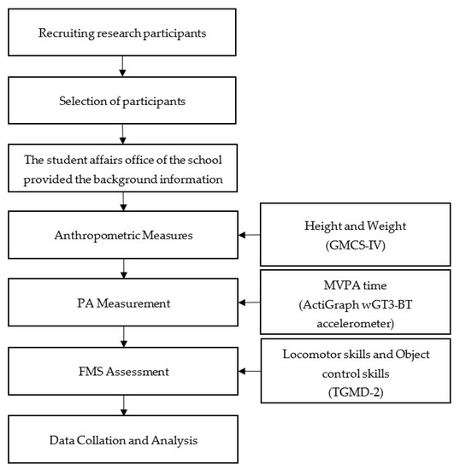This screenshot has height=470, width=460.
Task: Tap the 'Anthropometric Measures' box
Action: click(124, 233)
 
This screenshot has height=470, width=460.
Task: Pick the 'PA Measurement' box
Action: click(124, 302)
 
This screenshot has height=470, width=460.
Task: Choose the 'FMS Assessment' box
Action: click(124, 372)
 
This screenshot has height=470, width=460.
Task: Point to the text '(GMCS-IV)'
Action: click(357, 243)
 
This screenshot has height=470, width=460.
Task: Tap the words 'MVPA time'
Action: click(357, 286)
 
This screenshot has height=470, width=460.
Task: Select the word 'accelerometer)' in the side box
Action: click(357, 317)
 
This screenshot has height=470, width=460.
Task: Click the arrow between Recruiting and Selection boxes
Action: click(124, 66)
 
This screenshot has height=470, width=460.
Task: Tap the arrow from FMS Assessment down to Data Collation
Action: click(124, 405)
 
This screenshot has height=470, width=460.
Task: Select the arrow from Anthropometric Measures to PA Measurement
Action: click(124, 267)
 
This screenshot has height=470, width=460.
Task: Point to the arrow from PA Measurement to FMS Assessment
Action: click(124, 337)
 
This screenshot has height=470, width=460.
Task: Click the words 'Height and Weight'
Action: click(357, 225)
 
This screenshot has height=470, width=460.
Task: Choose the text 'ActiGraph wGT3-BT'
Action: click(357, 302)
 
